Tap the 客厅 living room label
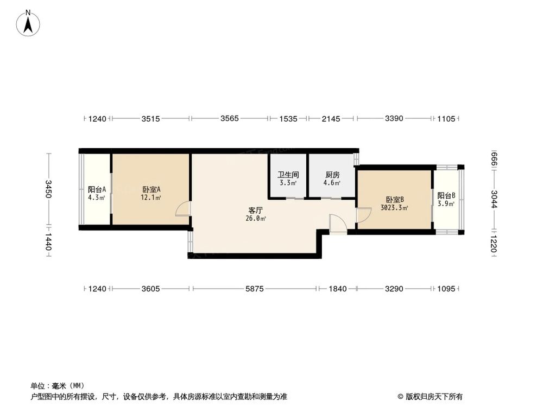tap(256, 210)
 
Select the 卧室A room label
tap(151, 189)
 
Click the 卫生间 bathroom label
tap(288, 175)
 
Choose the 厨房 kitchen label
tap(332, 175)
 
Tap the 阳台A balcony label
tap(97, 189)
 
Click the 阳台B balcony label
tap(446, 195)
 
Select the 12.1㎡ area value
tap(151, 198)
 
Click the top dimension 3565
tap(229, 119)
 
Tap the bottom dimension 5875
tap(254, 289)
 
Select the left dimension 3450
tap(48, 189)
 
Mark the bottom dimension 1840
tap(337, 289)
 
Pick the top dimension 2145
tap(331, 119)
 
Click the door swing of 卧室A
tap(184, 210)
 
